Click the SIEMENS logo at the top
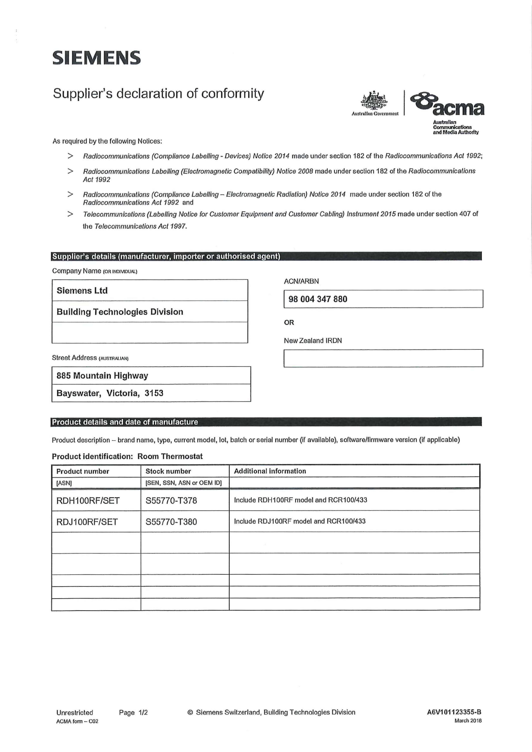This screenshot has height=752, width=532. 97,58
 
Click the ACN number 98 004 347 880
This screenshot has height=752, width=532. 318,299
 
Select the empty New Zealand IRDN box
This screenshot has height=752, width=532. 383,358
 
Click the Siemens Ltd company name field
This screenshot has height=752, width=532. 82,291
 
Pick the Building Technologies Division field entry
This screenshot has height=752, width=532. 120,312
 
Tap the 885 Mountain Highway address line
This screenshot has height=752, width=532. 102,376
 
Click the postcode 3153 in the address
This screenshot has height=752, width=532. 154,393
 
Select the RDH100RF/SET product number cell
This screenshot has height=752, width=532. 88,500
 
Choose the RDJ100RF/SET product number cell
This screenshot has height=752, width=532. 87,522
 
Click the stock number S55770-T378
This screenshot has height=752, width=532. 171,500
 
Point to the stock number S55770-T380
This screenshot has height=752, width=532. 171,522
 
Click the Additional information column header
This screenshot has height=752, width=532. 270,471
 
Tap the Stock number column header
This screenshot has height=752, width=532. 168,471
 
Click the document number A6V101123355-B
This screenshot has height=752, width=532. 454,712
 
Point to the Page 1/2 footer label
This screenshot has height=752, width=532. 133,713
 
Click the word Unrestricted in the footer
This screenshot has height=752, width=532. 75,713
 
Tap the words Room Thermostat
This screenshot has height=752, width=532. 170,456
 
